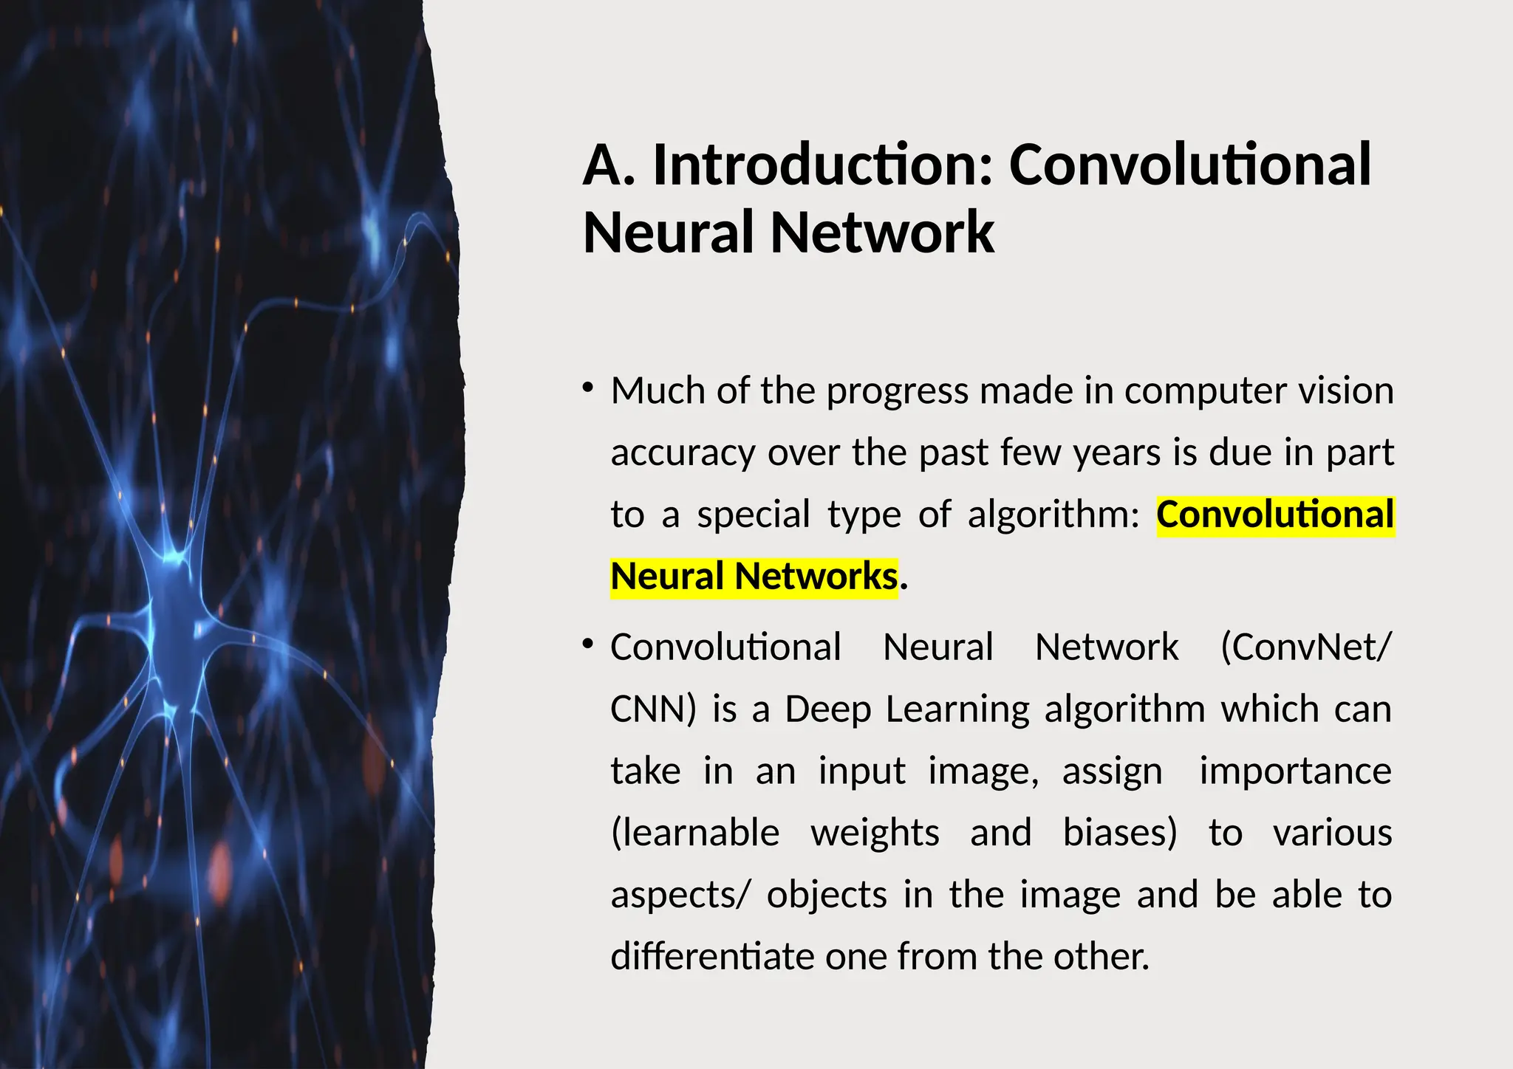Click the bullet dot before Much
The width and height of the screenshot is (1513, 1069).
(588, 387)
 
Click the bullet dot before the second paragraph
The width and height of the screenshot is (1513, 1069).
(588, 644)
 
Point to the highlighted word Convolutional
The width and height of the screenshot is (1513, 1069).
(1275, 515)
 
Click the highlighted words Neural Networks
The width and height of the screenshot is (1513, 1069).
(754, 577)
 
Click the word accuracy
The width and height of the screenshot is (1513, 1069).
(683, 453)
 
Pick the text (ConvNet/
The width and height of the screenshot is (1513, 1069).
(1305, 647)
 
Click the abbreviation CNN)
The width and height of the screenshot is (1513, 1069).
(653, 709)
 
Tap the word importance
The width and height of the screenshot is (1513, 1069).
(1295, 771)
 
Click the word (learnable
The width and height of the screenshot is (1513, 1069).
(695, 833)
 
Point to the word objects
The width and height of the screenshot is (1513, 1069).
(827, 896)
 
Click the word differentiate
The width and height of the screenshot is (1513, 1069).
(712, 957)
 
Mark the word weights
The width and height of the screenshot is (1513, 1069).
(875, 833)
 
